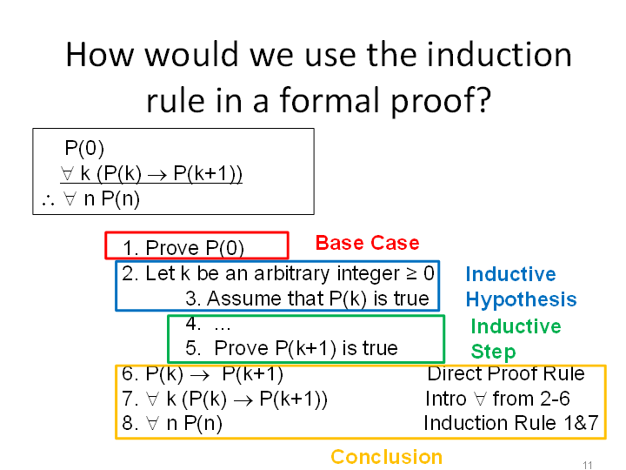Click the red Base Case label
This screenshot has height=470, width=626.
click(367, 243)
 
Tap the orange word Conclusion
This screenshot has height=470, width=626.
click(386, 456)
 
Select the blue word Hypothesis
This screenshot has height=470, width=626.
click(521, 300)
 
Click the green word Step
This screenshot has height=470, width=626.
click(493, 352)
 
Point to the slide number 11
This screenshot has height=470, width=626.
click(587, 465)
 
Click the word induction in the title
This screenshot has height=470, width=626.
click(499, 55)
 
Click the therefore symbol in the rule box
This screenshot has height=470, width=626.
click(48, 201)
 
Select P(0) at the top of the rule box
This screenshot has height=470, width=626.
click(84, 148)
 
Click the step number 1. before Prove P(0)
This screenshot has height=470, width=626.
click(130, 248)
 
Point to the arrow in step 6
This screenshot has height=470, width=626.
click(200, 375)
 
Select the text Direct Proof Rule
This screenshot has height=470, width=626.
click(506, 374)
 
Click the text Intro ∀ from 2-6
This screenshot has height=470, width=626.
click(497, 399)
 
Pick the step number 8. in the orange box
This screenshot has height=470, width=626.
click(130, 423)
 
